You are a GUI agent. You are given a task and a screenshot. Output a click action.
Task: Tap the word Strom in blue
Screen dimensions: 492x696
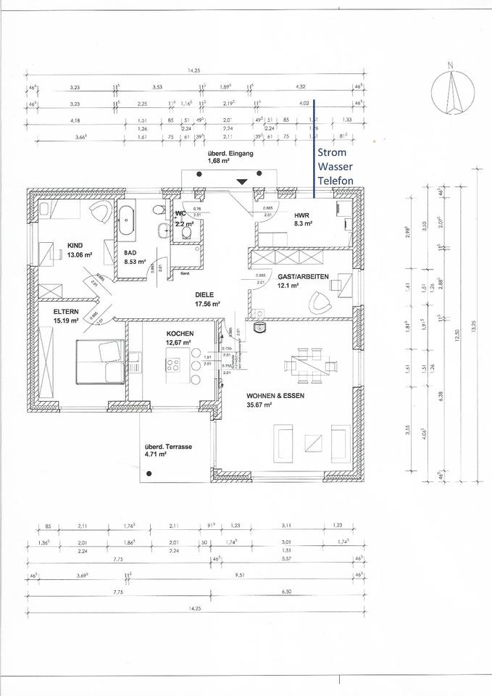pyautogui.click(x=332, y=153)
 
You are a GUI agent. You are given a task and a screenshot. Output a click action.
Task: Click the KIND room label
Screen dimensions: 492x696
pyautogui.click(x=76, y=245)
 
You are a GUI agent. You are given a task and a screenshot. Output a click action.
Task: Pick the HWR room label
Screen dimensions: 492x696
pyautogui.click(x=301, y=216)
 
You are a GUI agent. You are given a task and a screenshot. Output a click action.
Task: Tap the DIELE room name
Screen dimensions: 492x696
pyautogui.click(x=207, y=295)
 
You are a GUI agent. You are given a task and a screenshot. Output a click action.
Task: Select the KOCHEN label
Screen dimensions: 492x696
pyautogui.click(x=179, y=333)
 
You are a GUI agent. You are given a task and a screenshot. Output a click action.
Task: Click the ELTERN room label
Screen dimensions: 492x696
pyautogui.click(x=64, y=311)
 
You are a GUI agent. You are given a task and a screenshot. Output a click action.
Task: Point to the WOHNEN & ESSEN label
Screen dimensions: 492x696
pyautogui.click(x=274, y=395)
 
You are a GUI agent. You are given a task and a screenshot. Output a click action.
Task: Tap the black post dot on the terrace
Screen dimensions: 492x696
pyautogui.click(x=149, y=473)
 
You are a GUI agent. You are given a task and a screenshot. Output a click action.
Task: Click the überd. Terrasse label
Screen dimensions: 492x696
pyautogui.click(x=167, y=447)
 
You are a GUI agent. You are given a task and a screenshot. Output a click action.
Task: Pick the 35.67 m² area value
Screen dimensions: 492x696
pyautogui.click(x=259, y=405)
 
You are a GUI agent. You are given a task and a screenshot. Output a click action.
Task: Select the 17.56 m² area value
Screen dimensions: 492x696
pyautogui.click(x=206, y=304)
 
